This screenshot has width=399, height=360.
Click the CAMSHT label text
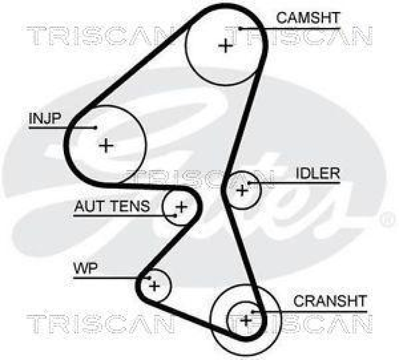pyautogui.click(x=308, y=18)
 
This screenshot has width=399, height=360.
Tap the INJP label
pyautogui.click(x=45, y=119)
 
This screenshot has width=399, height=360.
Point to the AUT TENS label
pyautogui.click(x=112, y=206)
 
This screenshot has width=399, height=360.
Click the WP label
pyautogui.click(x=85, y=269)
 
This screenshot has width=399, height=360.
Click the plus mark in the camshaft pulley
pyautogui.click(x=225, y=46)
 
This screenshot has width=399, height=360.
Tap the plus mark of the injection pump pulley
pyautogui.click(x=106, y=146)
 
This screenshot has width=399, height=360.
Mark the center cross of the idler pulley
pyautogui.click(x=242, y=190)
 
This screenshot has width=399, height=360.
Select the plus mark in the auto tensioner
pyautogui.click(x=181, y=206)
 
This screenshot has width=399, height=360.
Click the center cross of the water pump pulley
pyautogui.click(x=154, y=286)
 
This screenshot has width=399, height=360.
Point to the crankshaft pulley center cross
pyautogui.click(x=245, y=319)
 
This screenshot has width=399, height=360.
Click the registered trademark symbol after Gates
pyautogui.click(x=387, y=218)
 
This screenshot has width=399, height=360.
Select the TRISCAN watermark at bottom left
pyautogui.click(x=100, y=324)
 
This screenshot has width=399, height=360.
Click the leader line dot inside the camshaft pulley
pyautogui.click(x=240, y=28)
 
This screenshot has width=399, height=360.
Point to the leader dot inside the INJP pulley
pyautogui.click(x=95, y=128)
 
